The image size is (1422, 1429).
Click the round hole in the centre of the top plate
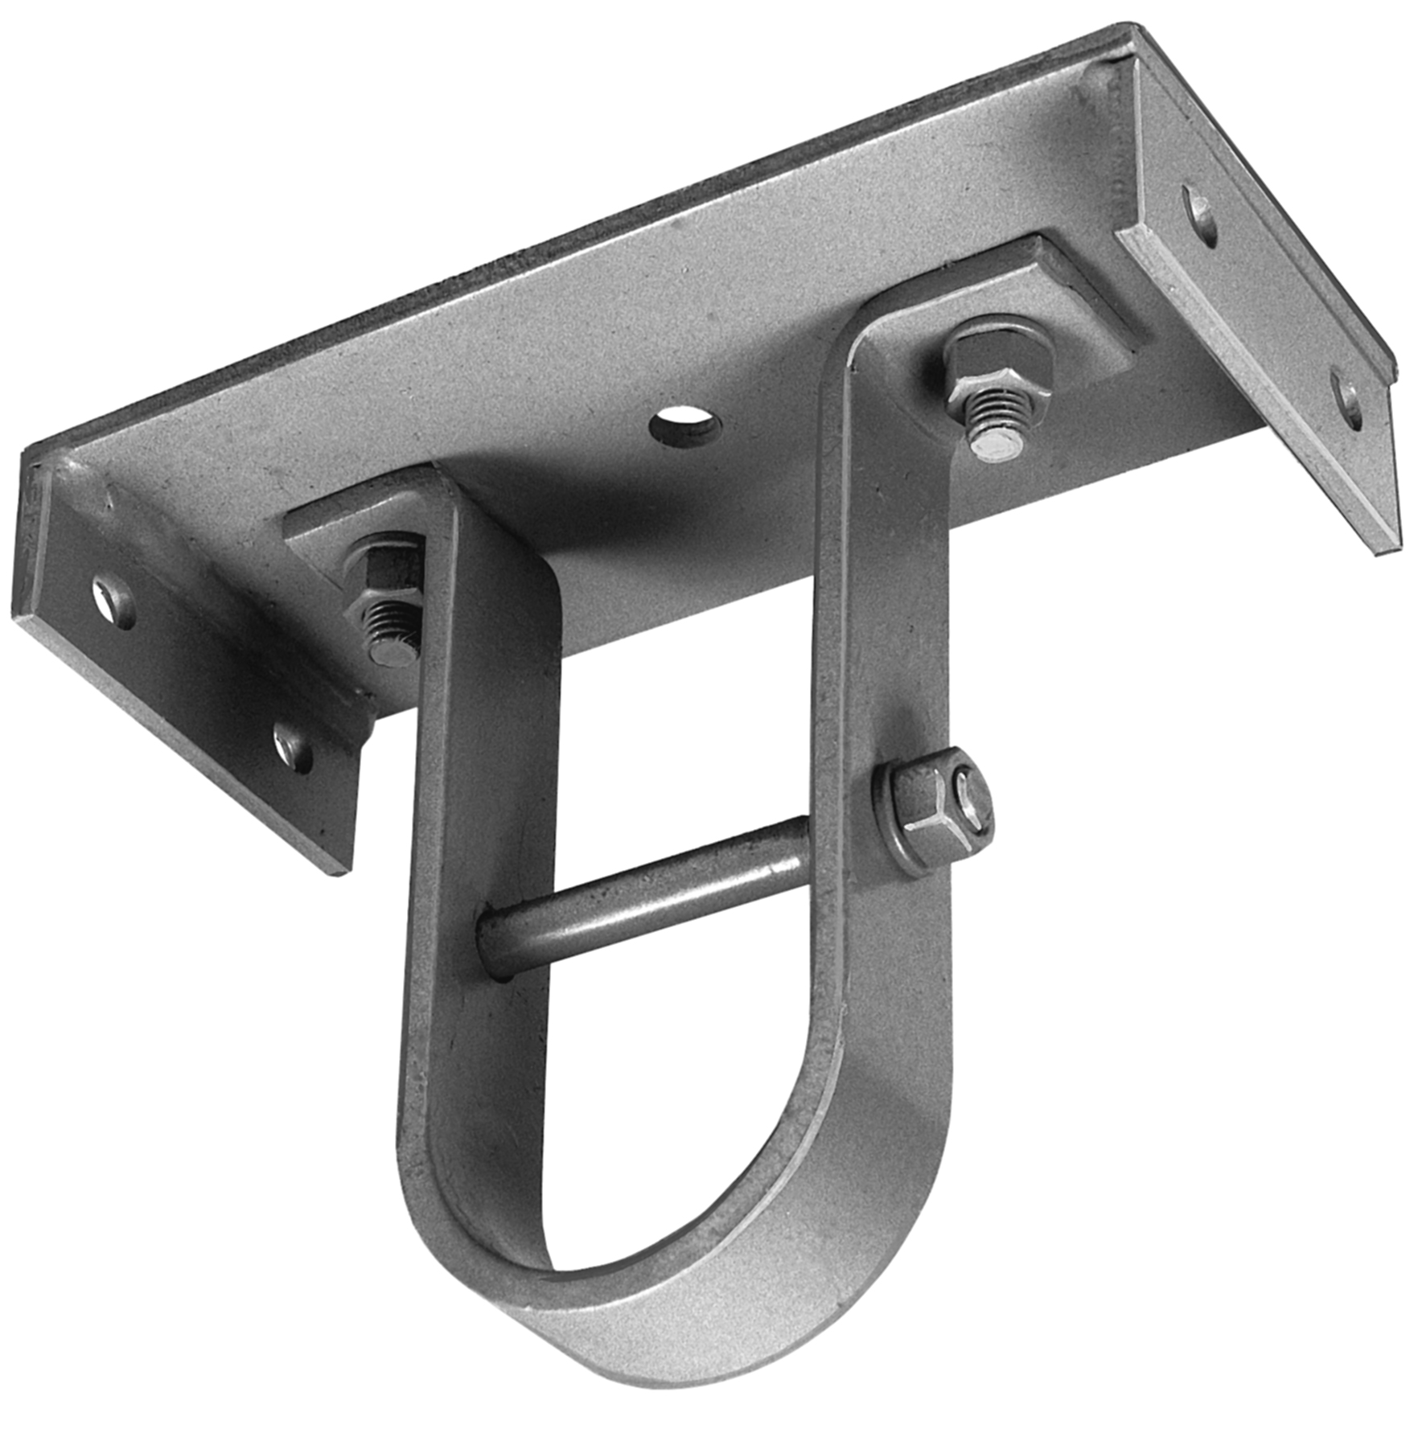click(x=684, y=425)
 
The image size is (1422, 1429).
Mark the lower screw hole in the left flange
click(x=294, y=745)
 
